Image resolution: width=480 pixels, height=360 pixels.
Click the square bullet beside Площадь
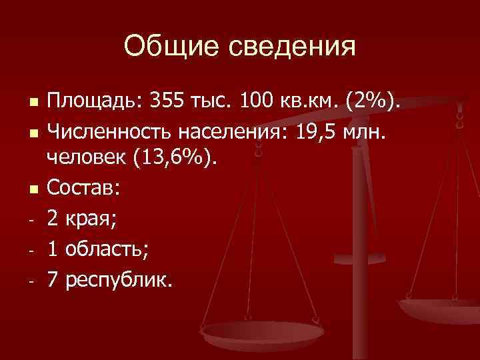pos(31,103)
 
